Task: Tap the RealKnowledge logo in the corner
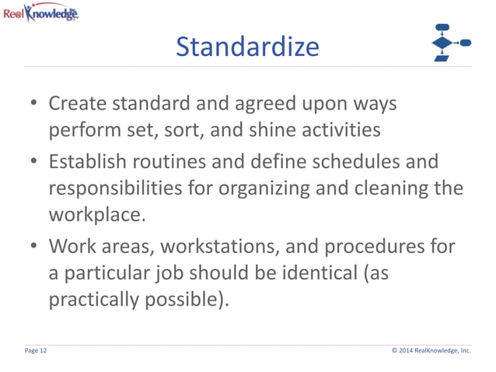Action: point(40,12)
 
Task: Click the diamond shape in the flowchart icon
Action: point(442,43)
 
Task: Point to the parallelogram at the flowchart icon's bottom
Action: point(442,58)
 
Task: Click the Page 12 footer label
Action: point(36,351)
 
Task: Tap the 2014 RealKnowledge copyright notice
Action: point(431,351)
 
